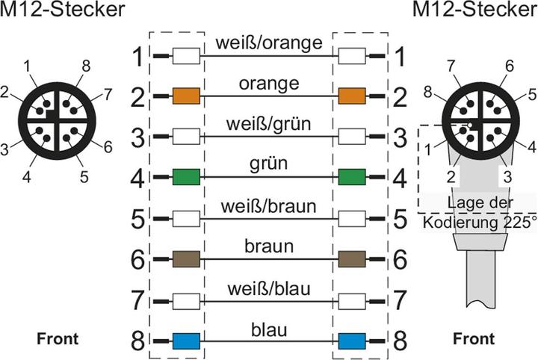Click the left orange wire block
[185, 96]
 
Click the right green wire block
[351, 178]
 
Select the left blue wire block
[185, 341]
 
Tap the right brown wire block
[351, 260]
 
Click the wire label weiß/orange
[268, 43]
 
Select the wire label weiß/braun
[268, 205]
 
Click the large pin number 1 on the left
[137, 56]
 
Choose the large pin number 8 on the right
[401, 341]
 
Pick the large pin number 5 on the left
[137, 219]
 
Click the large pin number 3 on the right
[401, 137]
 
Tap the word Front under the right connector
[473, 339]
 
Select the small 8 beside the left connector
[86, 66]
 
